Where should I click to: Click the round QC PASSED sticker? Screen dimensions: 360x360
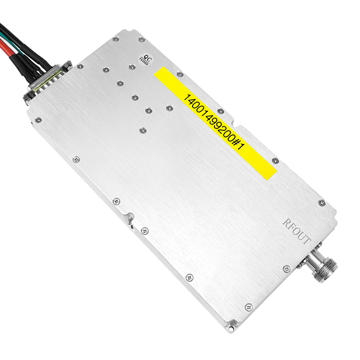(144, 59)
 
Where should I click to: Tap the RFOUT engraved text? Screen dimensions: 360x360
(297, 231)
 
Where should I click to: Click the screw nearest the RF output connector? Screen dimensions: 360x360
(287, 269)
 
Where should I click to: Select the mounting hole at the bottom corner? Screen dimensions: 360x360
(231, 329)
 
